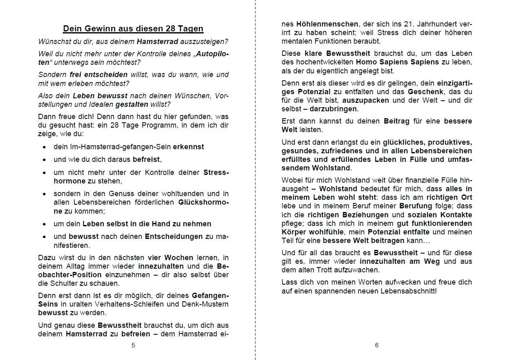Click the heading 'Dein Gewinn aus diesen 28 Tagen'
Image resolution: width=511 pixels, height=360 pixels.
[133, 29]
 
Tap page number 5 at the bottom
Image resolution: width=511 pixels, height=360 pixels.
[133, 345]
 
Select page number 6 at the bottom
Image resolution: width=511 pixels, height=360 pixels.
[377, 345]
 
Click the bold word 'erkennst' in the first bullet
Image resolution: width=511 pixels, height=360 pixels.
[188, 147]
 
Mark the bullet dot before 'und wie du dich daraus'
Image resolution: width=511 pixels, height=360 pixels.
[44, 160]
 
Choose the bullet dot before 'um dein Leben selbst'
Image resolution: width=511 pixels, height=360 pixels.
[44, 224]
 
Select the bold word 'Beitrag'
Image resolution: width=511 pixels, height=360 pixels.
[398, 121]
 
